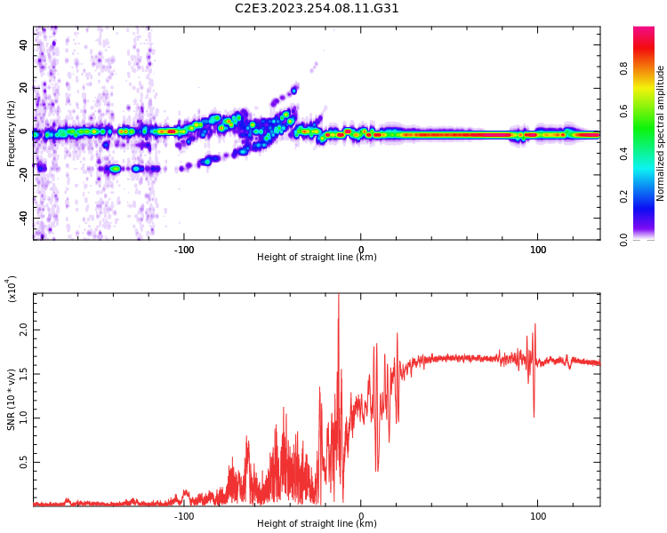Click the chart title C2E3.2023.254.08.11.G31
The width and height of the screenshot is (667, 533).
tap(317, 8)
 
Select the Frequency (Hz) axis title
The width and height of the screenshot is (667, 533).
tap(12, 132)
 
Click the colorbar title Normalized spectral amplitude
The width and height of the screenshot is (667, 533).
tap(661, 133)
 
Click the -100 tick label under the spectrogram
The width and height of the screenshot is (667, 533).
tap(184, 250)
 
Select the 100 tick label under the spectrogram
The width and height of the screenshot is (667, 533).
tap(537, 250)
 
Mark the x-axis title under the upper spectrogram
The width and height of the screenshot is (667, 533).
tap(317, 258)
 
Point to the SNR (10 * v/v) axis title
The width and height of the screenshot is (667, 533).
tap(12, 400)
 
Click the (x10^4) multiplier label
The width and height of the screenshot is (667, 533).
tap(12, 290)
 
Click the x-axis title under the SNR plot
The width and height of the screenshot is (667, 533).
tap(317, 524)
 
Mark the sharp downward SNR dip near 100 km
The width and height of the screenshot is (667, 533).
tap(534, 414)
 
